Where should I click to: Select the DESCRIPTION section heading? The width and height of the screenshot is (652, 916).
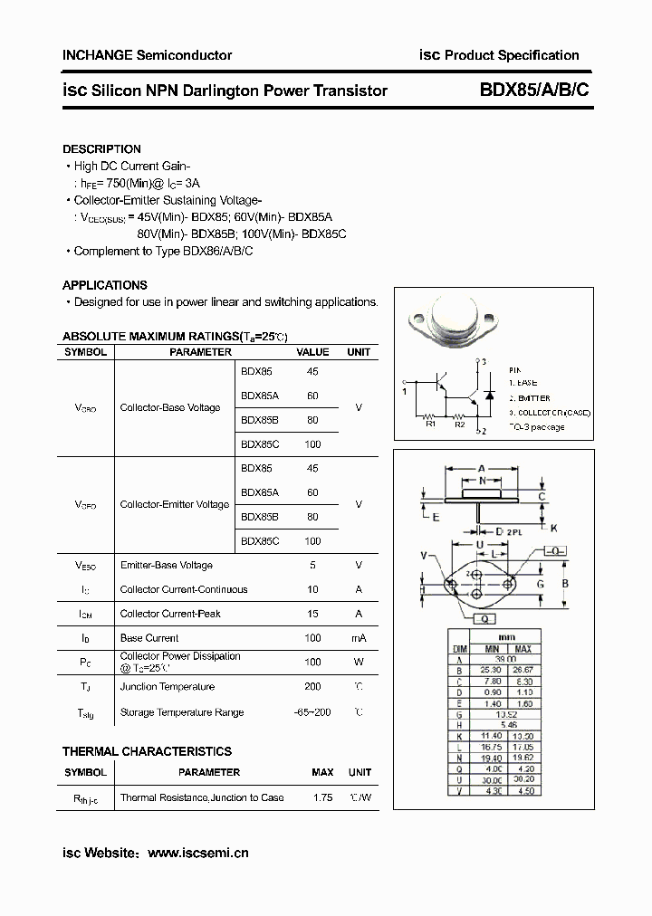click(x=101, y=148)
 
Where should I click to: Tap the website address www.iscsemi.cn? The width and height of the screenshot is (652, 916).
click(x=197, y=852)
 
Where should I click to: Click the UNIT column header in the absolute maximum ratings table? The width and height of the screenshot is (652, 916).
click(x=359, y=352)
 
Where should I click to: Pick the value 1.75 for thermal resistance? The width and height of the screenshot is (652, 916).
click(x=322, y=797)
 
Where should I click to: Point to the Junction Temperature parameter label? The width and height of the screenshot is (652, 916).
click(x=168, y=687)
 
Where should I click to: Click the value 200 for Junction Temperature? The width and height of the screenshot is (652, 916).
click(x=312, y=687)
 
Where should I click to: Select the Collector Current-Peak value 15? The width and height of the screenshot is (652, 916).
click(x=312, y=614)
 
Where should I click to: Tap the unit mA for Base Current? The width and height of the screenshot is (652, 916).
click(x=359, y=638)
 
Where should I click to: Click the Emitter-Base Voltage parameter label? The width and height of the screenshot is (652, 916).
click(x=167, y=565)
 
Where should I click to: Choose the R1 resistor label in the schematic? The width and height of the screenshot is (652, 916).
click(x=431, y=423)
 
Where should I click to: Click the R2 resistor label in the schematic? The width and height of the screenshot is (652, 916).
click(x=459, y=423)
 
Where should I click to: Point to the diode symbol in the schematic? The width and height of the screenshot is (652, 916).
click(x=489, y=396)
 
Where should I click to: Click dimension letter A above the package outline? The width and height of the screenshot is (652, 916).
click(x=480, y=469)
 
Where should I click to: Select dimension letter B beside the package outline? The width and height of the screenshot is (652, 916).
click(x=564, y=584)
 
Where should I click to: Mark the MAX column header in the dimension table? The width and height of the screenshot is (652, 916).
click(x=523, y=649)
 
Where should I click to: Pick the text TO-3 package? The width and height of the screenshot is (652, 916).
click(x=536, y=426)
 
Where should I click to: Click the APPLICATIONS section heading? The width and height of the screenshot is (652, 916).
click(x=105, y=284)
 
